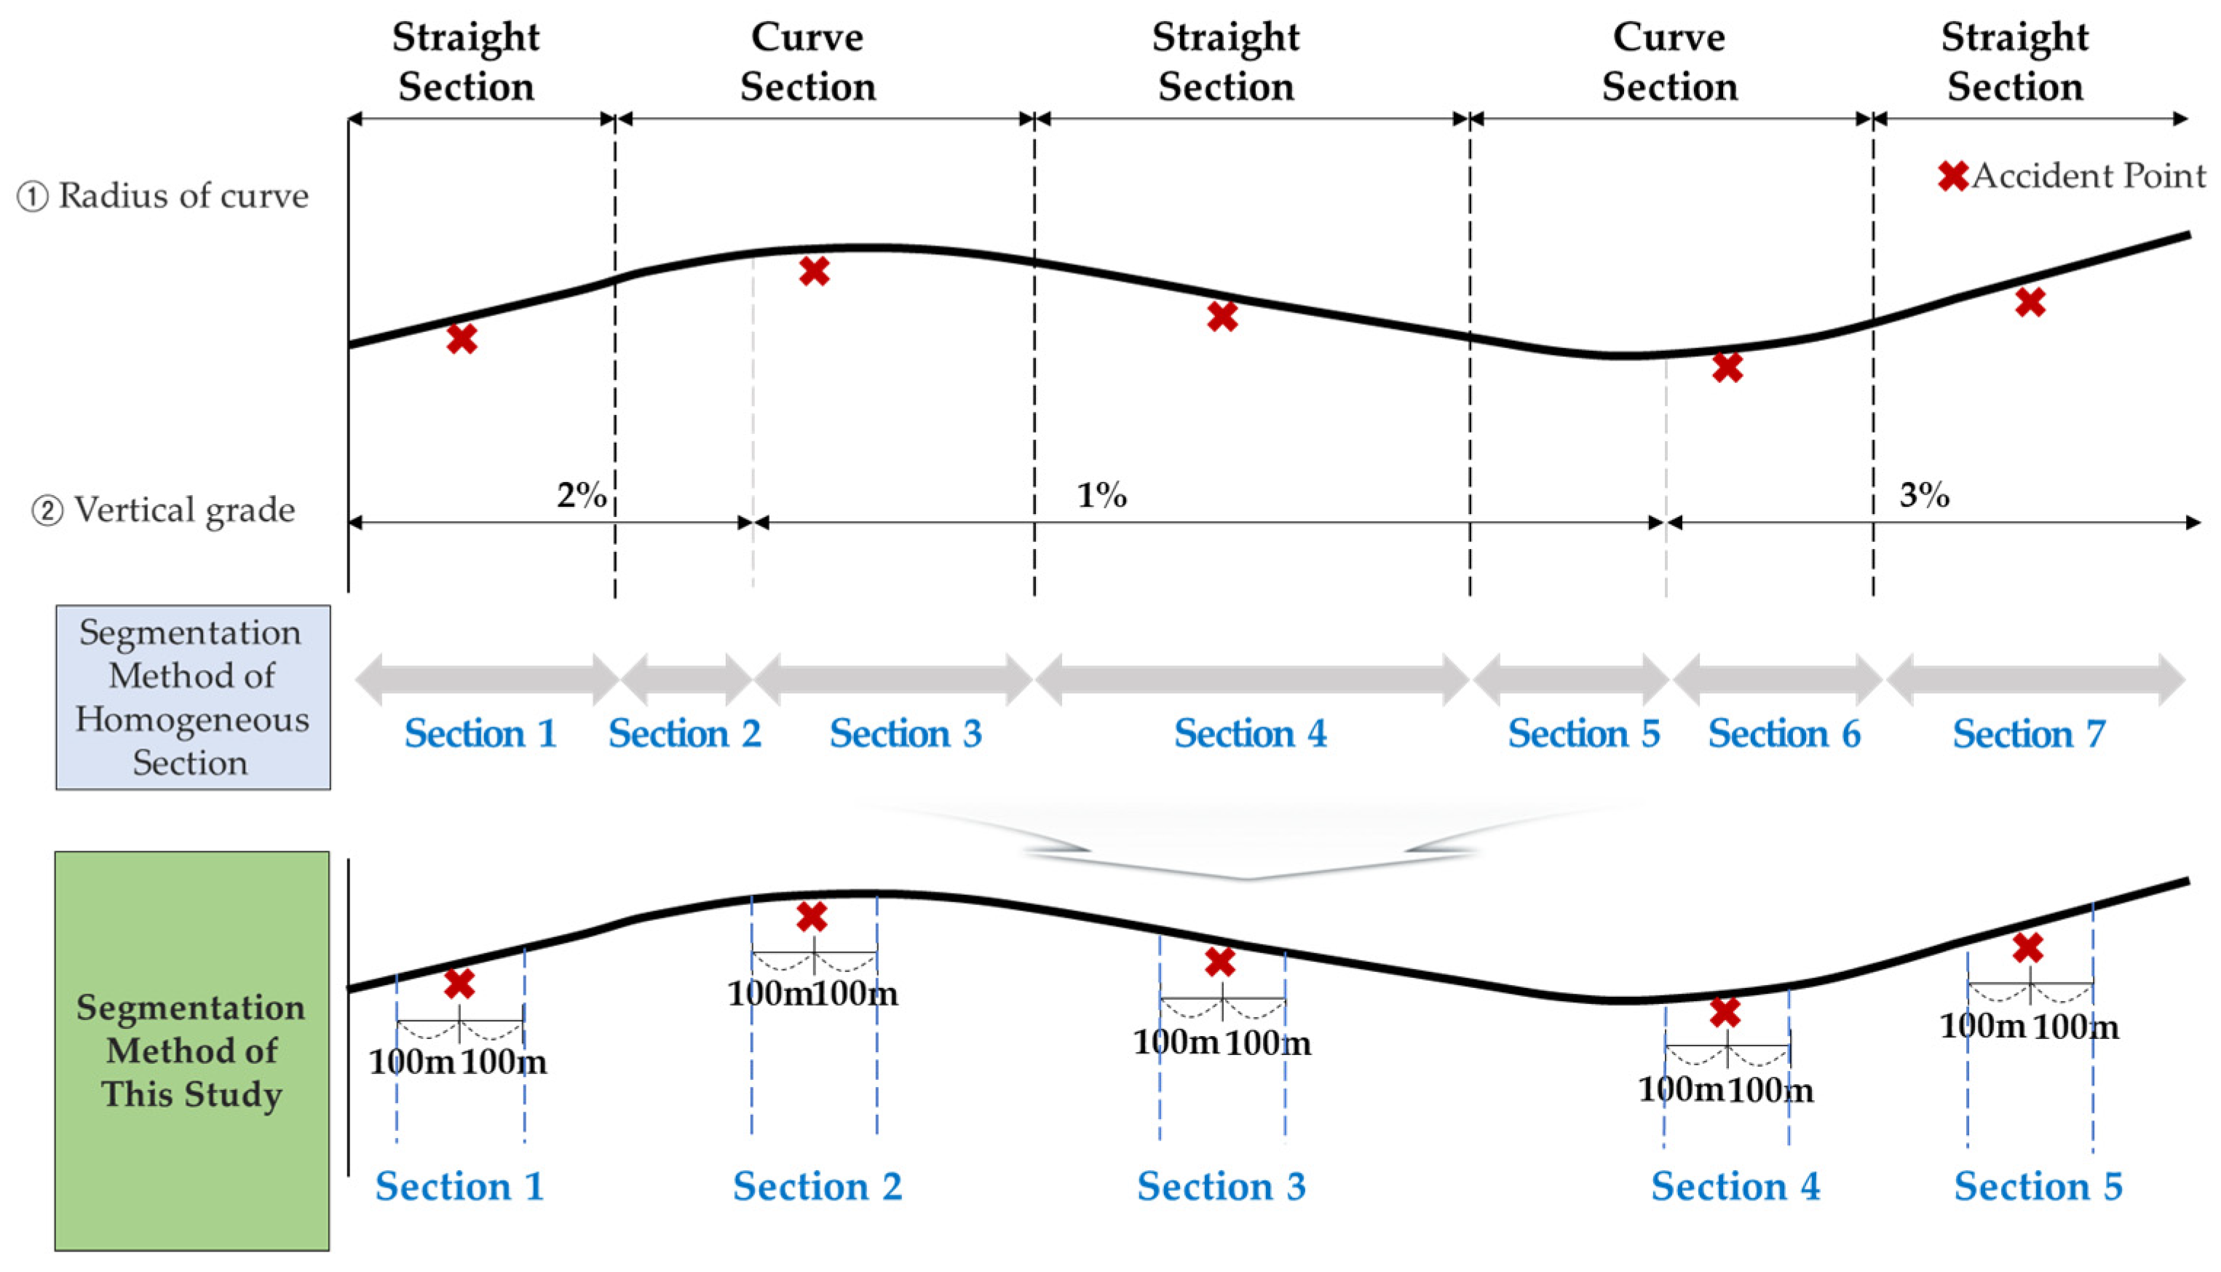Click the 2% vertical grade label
click(x=582, y=494)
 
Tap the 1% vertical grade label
click(x=1101, y=495)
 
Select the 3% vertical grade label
click(x=1924, y=494)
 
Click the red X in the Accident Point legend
click(x=1953, y=175)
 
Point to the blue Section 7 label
click(x=2029, y=734)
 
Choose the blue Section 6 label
click(x=1784, y=734)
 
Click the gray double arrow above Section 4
click(x=1251, y=679)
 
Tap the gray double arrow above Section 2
click(x=686, y=679)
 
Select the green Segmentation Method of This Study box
click(x=192, y=1051)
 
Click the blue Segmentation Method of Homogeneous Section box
click(x=193, y=697)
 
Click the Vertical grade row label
click(x=184, y=510)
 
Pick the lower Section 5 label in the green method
click(x=2038, y=1186)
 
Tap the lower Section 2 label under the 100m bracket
click(x=817, y=1186)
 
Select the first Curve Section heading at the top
click(x=808, y=62)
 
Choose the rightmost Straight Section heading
click(x=2015, y=62)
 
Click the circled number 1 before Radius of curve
click(x=33, y=197)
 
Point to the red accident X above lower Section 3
click(x=1220, y=962)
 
